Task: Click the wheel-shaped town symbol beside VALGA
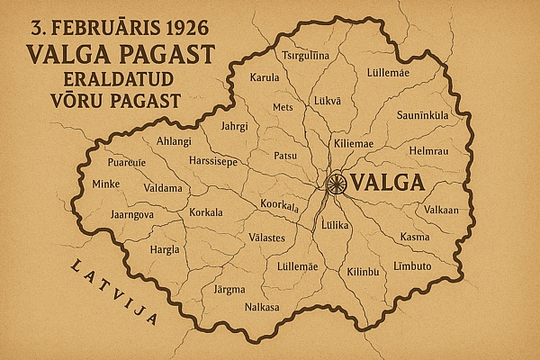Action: [x=337, y=183]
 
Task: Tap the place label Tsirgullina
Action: [x=306, y=56]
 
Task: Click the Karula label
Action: [x=265, y=77]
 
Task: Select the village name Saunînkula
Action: [x=422, y=115]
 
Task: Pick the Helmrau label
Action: [x=427, y=150]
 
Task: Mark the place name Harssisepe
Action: [x=213, y=163]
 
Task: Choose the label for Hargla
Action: [x=164, y=249]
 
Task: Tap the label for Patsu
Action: [x=285, y=155]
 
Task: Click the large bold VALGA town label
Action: [x=389, y=183]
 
